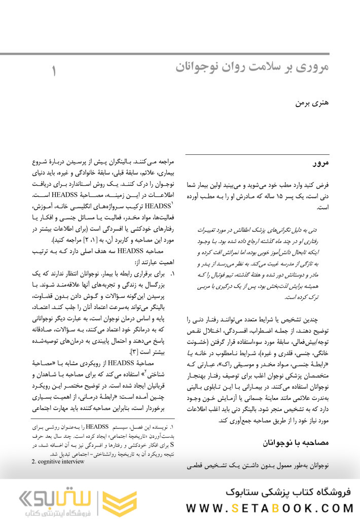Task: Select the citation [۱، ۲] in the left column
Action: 97,239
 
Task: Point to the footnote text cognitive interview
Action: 58,462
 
